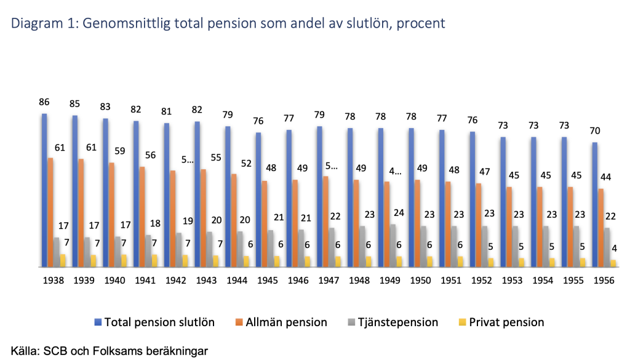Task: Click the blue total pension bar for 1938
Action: pos(44,191)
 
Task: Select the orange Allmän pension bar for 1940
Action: pos(111,215)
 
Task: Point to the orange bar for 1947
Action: pos(325,222)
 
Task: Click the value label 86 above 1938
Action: pos(44,102)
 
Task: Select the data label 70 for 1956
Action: pos(594,130)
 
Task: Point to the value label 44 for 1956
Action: pos(605,177)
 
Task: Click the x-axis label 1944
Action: pos(237,280)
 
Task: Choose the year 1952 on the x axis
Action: pos(482,280)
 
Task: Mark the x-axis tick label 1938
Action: pos(54,280)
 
